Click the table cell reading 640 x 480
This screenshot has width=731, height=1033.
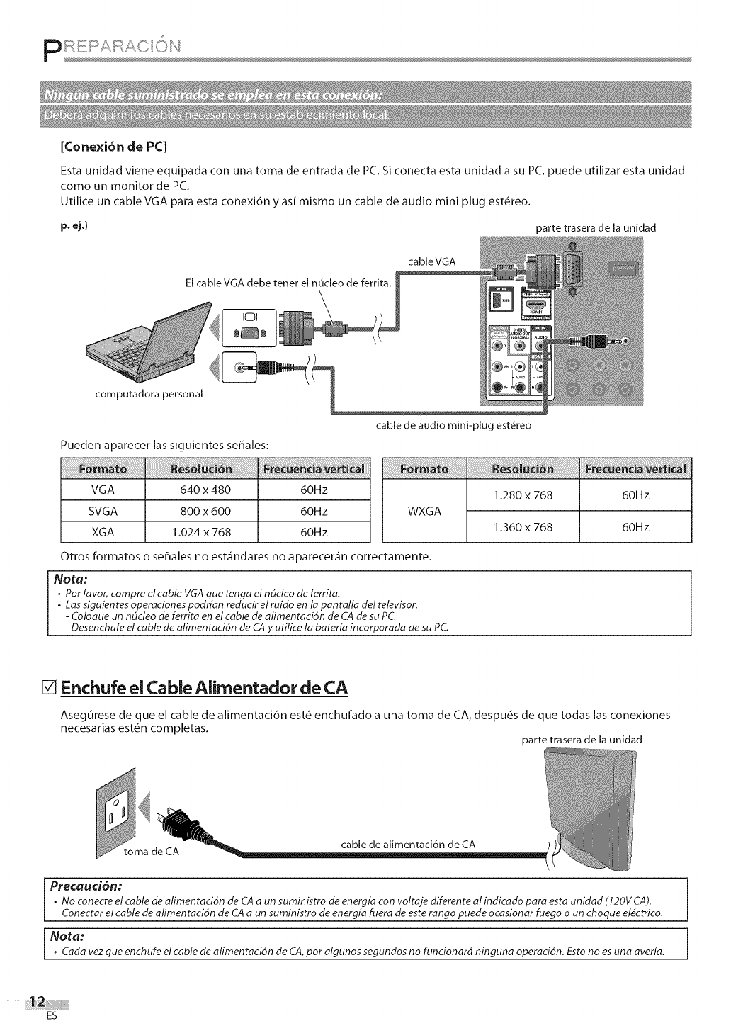click(x=201, y=490)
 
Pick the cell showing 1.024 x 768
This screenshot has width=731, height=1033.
click(x=201, y=532)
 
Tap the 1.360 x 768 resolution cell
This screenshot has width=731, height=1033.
click(x=523, y=526)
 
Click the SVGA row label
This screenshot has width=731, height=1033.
click(x=103, y=511)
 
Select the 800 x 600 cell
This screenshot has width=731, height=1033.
click(x=201, y=511)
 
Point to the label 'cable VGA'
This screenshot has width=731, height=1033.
click(x=432, y=261)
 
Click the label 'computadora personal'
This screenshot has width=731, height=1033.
click(x=149, y=394)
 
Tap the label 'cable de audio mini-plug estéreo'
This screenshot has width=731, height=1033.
click(x=453, y=426)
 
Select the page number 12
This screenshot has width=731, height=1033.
click(x=36, y=1000)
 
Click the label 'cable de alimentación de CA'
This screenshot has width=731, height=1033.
click(x=408, y=844)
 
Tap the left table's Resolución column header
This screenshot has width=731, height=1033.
click(x=201, y=469)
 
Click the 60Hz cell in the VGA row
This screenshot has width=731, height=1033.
click(x=314, y=490)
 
